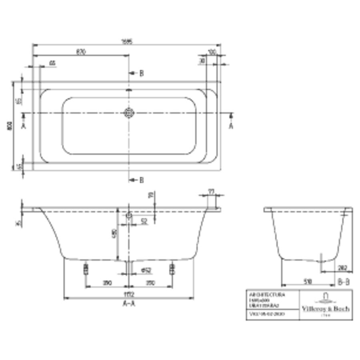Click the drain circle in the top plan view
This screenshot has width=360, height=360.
tap(129, 113)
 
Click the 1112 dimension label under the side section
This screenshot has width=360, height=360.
tap(128, 295)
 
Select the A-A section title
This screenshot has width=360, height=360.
tap(128, 304)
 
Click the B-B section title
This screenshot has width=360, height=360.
tap(343, 282)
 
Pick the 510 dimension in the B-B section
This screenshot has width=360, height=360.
tap(308, 282)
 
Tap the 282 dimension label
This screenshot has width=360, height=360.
tap(342, 268)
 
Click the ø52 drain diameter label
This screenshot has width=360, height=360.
tap(146, 271)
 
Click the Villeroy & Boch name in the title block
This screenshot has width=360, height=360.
tap(325, 308)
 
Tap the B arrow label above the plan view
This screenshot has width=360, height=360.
tap(141, 73)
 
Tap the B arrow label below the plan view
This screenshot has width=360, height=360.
tap(141, 180)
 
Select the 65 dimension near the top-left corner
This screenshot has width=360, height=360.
tap(52, 63)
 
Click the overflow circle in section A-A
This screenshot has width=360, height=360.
tap(129, 216)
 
